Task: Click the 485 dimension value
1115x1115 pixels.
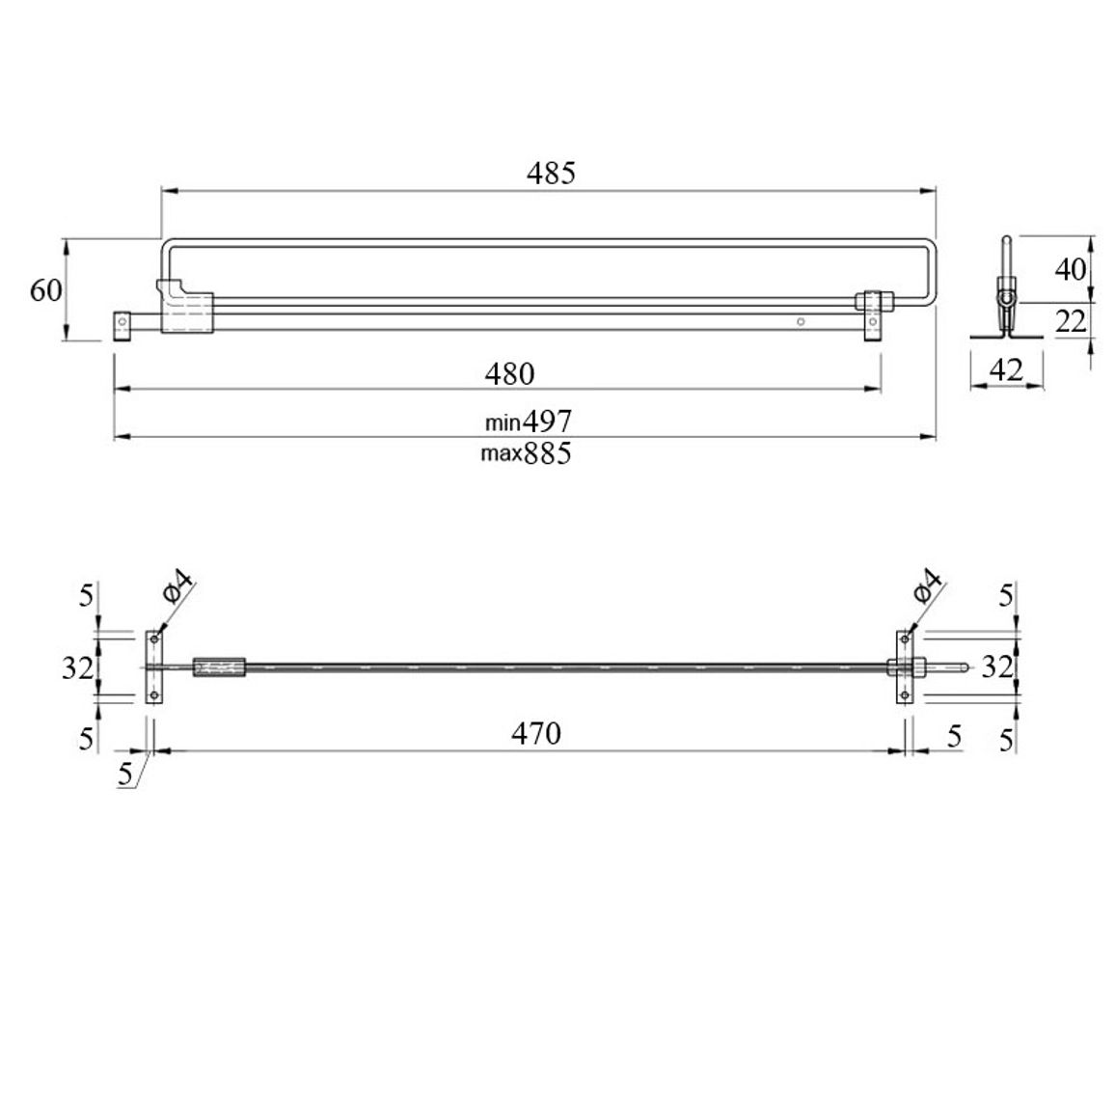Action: [551, 173]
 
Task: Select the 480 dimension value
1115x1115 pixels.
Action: [509, 374]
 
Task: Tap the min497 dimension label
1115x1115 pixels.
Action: [529, 422]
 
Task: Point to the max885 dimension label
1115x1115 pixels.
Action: [526, 453]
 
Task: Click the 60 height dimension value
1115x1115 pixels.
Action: [46, 290]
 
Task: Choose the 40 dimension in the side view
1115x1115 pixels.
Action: [1071, 269]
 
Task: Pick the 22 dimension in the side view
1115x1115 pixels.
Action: [1071, 322]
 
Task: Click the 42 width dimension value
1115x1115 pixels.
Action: [1006, 369]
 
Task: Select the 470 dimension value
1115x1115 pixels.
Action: [536, 733]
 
